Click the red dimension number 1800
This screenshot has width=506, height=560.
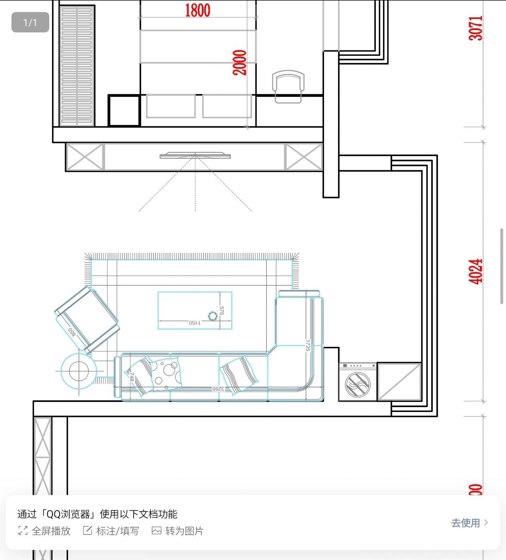(x=198, y=10)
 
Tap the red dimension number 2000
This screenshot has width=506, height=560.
(x=240, y=62)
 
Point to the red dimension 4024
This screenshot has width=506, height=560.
(x=476, y=272)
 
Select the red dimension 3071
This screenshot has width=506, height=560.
(x=476, y=28)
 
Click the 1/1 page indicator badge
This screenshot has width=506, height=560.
(x=30, y=23)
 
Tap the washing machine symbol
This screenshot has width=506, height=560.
(x=357, y=382)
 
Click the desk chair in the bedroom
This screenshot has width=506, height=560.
(x=288, y=86)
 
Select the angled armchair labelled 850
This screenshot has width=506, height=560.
(x=87, y=319)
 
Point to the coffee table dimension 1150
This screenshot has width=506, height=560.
(x=194, y=323)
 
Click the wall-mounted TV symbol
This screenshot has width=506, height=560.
(x=195, y=156)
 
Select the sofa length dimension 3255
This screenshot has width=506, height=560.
(x=218, y=389)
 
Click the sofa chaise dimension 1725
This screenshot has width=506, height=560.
(x=308, y=345)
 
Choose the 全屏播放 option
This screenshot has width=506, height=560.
(x=44, y=531)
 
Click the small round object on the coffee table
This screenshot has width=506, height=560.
(x=213, y=315)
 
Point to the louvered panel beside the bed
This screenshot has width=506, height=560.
(x=77, y=66)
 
